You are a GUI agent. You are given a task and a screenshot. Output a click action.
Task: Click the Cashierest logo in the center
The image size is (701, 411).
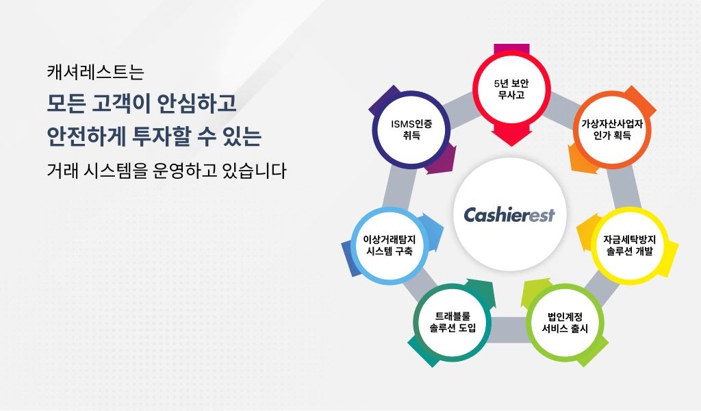[509, 215]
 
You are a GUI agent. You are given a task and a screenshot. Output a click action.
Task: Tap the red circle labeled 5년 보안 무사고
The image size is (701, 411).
[511, 89]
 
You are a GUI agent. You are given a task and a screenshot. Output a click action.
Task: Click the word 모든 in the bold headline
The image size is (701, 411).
[67, 103]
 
